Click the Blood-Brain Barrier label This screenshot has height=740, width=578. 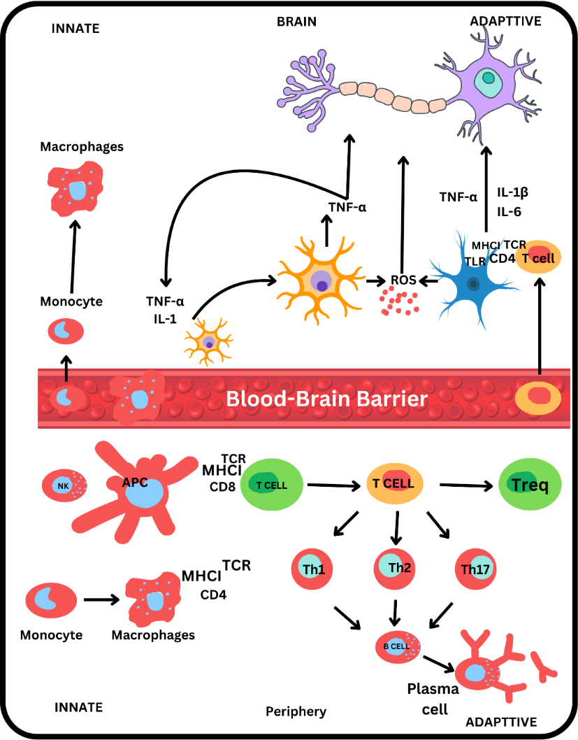[326, 399]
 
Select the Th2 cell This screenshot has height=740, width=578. [395, 568]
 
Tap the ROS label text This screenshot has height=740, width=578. [403, 280]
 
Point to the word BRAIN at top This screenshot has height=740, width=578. [296, 22]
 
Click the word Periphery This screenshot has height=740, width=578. [296, 711]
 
